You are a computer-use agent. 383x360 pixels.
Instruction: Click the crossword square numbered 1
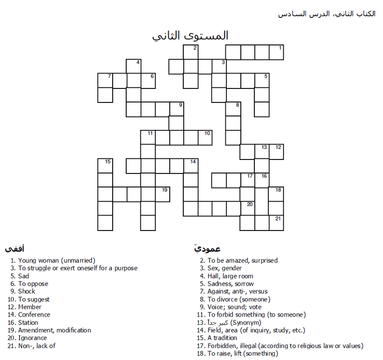coord(276,52)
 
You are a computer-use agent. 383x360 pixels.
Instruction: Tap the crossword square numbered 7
coord(105,80)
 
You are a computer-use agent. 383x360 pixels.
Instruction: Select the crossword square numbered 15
coord(105,166)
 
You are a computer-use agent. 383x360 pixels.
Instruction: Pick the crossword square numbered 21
coord(276,223)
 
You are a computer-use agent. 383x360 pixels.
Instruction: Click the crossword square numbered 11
coord(147,137)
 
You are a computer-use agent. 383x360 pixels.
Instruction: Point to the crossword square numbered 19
coord(162,194)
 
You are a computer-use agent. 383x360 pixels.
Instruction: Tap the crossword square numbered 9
coord(177,109)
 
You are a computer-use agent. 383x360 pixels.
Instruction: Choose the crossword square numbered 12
coord(276,152)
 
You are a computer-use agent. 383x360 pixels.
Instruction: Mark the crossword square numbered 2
coord(191,52)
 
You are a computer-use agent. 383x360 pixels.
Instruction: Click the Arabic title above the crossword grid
coord(190,36)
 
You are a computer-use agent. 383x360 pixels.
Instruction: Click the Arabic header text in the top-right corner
coord(326,14)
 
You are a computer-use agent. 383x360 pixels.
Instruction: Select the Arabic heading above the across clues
coord(15,249)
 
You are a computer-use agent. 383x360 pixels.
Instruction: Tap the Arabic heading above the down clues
coord(207,249)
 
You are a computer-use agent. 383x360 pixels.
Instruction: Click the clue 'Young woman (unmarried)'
coord(57,260)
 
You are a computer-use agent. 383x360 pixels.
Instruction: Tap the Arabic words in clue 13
coord(217,322)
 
